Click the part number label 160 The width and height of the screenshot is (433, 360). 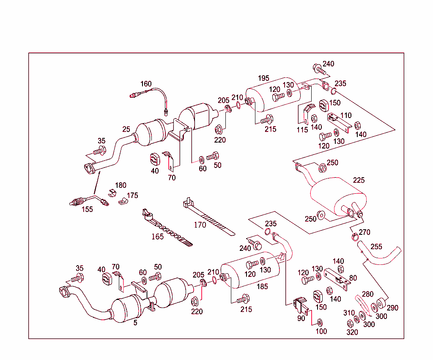(x=146, y=84)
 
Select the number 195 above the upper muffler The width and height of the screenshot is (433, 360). (x=263, y=78)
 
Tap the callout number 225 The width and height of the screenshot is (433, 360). (x=359, y=180)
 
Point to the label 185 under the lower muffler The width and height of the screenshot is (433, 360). (x=263, y=286)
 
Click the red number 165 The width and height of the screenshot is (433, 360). (x=157, y=236)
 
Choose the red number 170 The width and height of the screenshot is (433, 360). (x=200, y=225)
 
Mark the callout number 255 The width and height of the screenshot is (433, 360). (x=376, y=247)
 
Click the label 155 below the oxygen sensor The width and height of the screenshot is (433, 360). (x=88, y=209)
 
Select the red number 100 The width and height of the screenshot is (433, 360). (x=321, y=331)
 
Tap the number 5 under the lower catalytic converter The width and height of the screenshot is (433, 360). (x=135, y=323)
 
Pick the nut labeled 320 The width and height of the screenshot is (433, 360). (x=350, y=324)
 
